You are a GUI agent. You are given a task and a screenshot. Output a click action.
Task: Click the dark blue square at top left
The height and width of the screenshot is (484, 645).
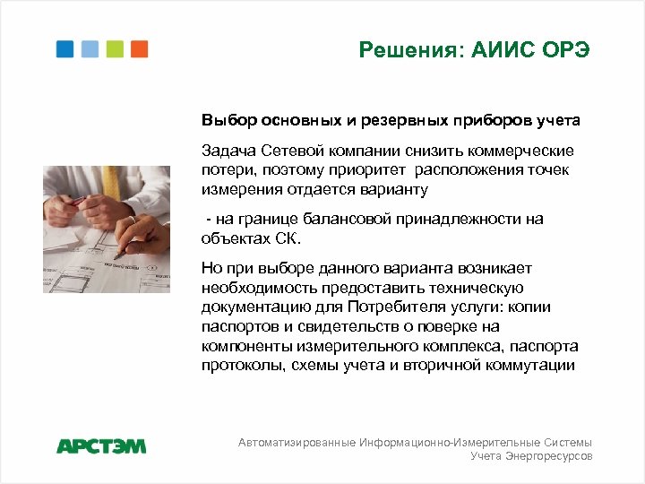click(65, 48)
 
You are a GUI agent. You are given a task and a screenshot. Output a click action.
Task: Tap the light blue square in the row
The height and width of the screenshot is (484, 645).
click(90, 48)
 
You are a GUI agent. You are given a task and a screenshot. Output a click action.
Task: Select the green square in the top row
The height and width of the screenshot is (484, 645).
click(115, 48)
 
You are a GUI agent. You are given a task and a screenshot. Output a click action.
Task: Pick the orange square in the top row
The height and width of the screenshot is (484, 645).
click(139, 48)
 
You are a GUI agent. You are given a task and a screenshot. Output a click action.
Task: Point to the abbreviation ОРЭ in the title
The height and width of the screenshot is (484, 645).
click(566, 49)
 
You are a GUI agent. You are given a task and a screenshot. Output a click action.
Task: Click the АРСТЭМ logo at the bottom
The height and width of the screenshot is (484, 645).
click(101, 445)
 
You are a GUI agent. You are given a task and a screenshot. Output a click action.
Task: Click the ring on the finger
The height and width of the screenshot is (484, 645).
click(131, 218)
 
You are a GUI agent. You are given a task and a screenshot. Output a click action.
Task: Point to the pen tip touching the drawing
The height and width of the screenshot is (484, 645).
click(114, 257)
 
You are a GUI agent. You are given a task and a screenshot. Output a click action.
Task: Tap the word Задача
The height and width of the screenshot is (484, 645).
click(228, 150)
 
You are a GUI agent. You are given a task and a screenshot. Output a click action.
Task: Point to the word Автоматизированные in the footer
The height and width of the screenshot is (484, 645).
click(297, 443)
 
